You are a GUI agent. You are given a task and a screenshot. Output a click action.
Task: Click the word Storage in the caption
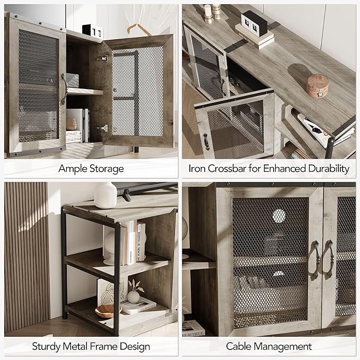[x=107, y=169]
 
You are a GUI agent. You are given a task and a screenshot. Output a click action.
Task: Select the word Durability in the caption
[x=329, y=169]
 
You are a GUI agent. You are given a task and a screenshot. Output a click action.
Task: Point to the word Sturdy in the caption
[x=46, y=347]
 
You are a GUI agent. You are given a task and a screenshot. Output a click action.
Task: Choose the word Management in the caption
[x=283, y=347]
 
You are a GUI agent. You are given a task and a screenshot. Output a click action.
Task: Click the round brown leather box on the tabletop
[x=317, y=85]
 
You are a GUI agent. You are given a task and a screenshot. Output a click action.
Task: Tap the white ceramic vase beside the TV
[x=106, y=195]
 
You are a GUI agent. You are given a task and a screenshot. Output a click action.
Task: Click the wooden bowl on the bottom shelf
[x=108, y=311]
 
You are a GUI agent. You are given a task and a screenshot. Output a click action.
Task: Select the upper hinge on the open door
[x=102, y=58]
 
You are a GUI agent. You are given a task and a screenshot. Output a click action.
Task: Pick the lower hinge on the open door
[x=103, y=128]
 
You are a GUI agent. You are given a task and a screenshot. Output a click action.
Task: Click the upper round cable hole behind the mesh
[x=279, y=216]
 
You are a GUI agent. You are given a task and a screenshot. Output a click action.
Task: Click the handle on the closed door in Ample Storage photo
[x=64, y=89]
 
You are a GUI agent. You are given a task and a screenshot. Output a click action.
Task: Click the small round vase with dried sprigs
[x=134, y=296]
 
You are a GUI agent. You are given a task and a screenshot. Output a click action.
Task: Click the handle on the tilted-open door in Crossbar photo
[x=206, y=142]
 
